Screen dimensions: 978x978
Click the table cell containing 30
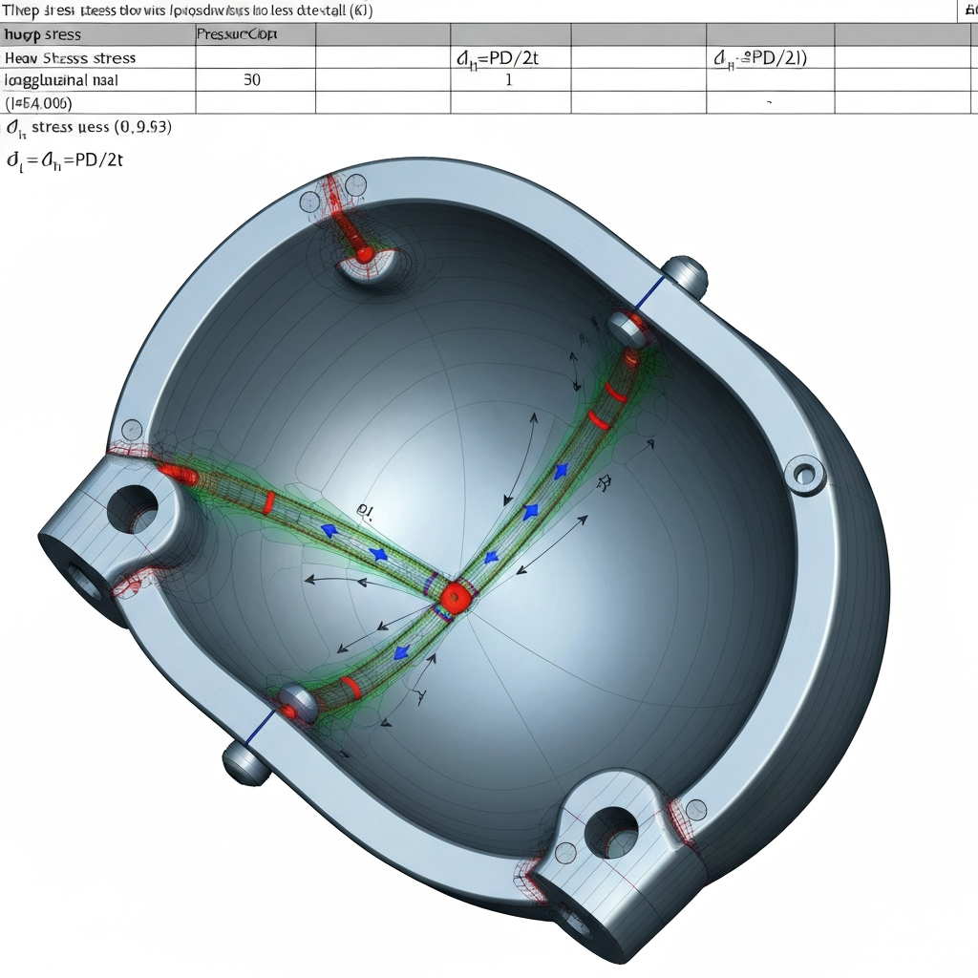(251, 80)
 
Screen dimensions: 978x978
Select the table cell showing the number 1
(508, 80)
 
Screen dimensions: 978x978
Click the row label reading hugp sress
(43, 34)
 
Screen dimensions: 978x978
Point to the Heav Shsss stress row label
(71, 57)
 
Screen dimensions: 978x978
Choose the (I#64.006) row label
(39, 102)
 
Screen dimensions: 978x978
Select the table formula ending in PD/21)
(759, 57)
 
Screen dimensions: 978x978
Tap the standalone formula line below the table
(66, 160)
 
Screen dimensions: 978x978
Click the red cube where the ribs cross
(454, 597)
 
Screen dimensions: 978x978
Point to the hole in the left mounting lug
(131, 508)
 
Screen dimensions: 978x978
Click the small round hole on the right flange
(803, 472)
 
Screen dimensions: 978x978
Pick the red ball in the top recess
(365, 254)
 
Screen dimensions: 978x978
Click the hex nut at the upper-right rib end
(627, 328)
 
